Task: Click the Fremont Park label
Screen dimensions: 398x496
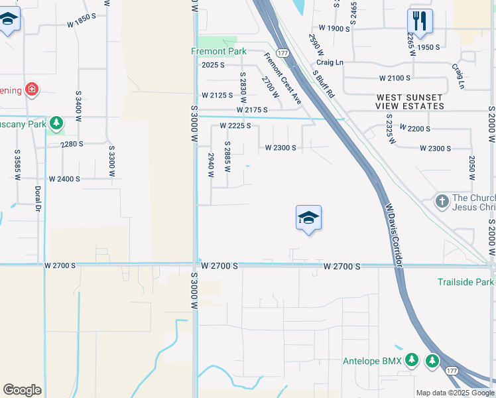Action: coord(219,51)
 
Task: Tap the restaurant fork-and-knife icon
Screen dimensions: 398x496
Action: coord(419,21)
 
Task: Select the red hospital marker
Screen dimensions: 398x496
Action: coord(31,89)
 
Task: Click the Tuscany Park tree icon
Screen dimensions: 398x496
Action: coord(57,123)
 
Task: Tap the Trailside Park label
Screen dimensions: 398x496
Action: coord(466,282)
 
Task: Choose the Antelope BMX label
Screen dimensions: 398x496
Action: coord(372,361)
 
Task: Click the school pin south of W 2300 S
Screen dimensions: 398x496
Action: coord(308,218)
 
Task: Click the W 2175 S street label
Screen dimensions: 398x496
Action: coord(251,109)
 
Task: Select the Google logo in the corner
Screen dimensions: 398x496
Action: coord(22,390)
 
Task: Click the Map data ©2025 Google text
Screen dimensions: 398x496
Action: coord(454,393)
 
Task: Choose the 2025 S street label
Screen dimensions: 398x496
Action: coord(214,65)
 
